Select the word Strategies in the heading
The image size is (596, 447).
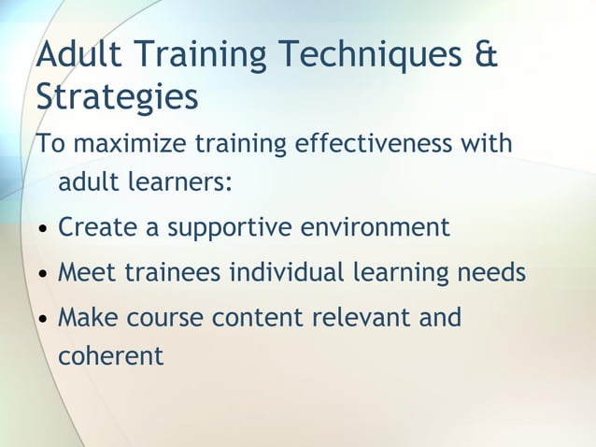(x=117, y=97)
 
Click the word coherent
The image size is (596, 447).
(x=110, y=355)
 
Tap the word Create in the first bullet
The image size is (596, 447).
(x=92, y=227)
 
